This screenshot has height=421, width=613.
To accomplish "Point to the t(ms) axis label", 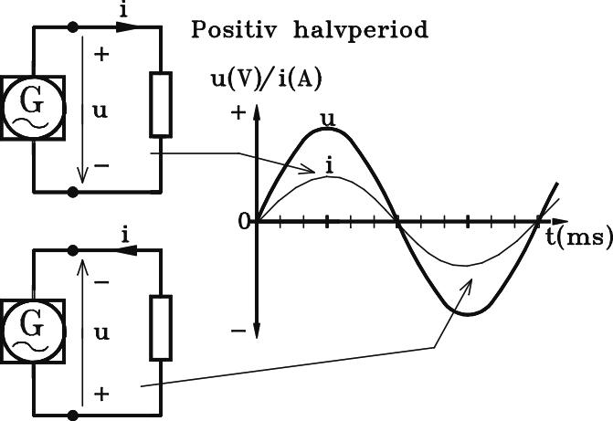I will tap(579, 237).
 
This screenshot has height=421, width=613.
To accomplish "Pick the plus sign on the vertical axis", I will tap(239, 114).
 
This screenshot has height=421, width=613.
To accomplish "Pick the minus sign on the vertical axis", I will tap(239, 332).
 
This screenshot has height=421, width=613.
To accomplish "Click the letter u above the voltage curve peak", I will tap(327, 118).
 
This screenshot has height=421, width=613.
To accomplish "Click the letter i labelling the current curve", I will tap(325, 163).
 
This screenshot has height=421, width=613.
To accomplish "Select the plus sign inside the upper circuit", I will tap(101, 54).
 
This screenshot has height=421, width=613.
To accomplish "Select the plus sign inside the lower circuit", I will tap(101, 394).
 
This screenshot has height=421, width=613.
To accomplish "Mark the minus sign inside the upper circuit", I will tap(101, 166).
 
